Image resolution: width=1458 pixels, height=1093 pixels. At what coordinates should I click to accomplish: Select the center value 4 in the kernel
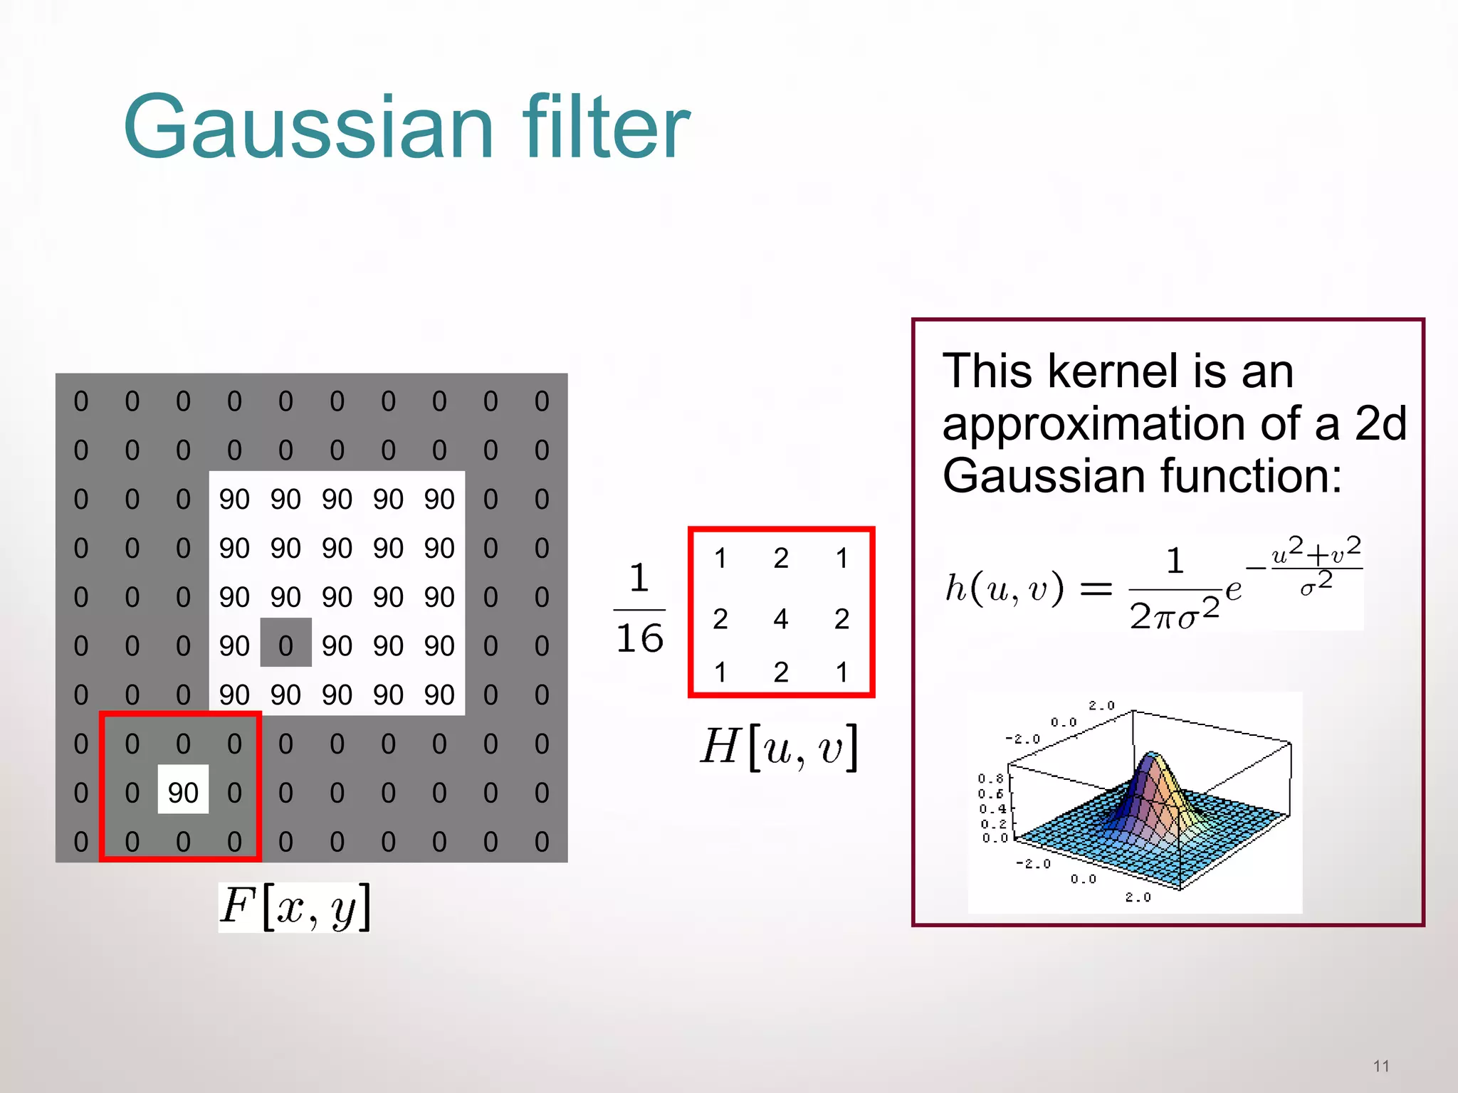coord(781,618)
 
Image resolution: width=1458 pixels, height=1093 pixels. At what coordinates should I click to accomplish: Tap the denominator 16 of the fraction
coord(639,638)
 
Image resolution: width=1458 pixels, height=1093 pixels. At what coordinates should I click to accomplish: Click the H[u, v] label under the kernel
coord(780,748)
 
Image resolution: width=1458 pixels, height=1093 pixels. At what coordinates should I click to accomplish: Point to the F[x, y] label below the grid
coord(295,907)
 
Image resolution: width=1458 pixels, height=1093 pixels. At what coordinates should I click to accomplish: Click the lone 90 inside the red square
coord(183,792)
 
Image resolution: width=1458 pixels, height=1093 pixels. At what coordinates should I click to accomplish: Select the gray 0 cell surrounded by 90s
coord(285,645)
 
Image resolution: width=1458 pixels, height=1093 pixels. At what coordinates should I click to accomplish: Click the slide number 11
coord(1381,1066)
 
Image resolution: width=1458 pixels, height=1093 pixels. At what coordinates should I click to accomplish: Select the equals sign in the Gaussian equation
coord(1096,589)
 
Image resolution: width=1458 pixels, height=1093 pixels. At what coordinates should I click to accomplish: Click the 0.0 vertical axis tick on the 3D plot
coord(995,838)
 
